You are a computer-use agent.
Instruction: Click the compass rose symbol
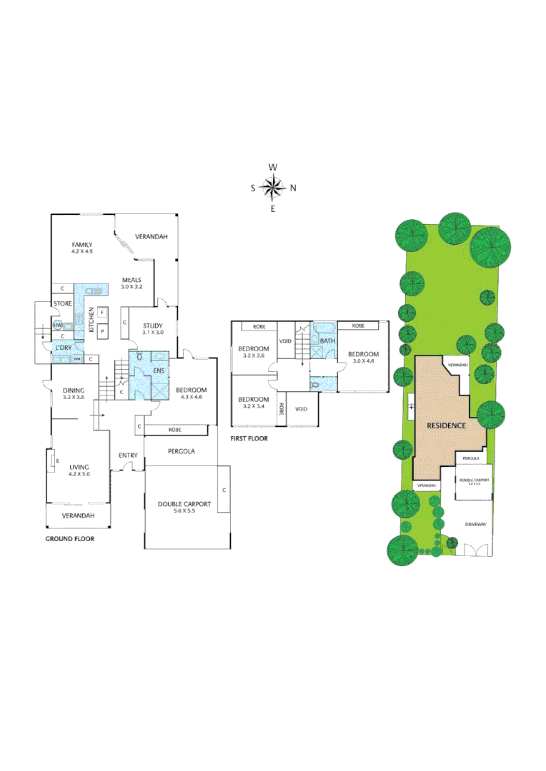pos(273,188)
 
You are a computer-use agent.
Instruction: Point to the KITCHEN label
pos(91,321)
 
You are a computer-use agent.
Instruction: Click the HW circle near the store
pos(58,326)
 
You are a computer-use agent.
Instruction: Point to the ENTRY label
pos(128,455)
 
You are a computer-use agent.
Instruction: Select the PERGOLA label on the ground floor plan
pos(182,451)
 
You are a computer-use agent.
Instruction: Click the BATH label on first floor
pos(327,341)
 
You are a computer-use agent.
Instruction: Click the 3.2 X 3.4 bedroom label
pos(254,402)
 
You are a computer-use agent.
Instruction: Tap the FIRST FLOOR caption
pos(249,438)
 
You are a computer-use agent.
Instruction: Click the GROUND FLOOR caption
pos(70,539)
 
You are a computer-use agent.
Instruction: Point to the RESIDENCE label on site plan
pos(446,425)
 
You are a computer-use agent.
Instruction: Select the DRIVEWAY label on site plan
pos(475,524)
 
